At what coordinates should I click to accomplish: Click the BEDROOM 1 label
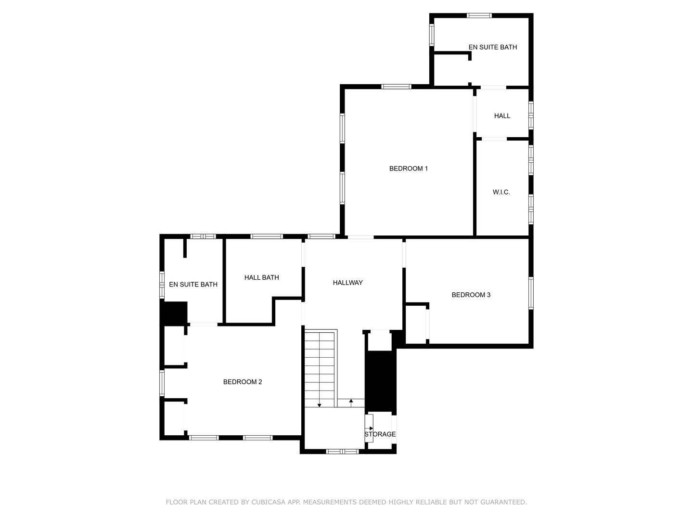tap(409, 169)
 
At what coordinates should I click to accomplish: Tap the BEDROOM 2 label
tap(243, 382)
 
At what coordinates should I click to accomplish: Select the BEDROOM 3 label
tap(471, 295)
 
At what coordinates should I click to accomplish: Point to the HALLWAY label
tap(347, 283)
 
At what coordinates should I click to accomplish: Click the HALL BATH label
tap(261, 277)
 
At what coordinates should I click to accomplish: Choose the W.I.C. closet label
tap(501, 192)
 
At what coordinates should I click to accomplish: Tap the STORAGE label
tap(380, 434)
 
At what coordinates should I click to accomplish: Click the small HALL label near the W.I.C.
tap(502, 116)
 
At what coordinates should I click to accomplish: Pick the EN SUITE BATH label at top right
tap(492, 47)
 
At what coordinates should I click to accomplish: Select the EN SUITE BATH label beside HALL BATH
tap(193, 285)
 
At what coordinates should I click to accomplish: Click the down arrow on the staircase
tap(319, 405)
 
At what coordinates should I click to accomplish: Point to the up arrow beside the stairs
tap(351, 401)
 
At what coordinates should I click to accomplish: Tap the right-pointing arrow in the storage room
tap(370, 429)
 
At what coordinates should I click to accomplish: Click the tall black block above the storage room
tap(380, 381)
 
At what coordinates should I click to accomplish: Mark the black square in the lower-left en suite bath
tap(174, 313)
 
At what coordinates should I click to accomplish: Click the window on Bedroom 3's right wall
tap(531, 293)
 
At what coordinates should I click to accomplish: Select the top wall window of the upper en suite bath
tap(479, 15)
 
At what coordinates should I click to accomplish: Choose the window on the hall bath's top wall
tap(266, 236)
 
